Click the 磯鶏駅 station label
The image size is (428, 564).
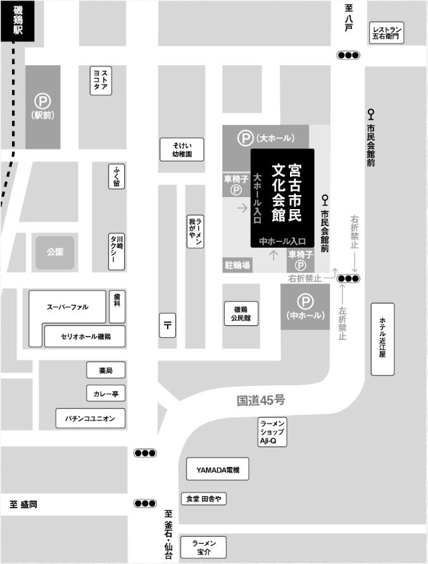tap(17, 20)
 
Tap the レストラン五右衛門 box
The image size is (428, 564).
tap(387, 33)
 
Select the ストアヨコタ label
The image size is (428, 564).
tap(101, 80)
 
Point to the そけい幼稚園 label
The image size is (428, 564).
tap(182, 150)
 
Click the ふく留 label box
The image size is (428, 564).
tap(116, 177)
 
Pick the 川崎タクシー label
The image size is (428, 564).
tap(116, 252)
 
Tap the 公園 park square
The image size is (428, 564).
tap(54, 252)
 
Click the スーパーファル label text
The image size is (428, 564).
tap(68, 307)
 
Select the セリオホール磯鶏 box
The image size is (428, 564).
tap(85, 336)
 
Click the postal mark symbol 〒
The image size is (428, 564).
tap(167, 325)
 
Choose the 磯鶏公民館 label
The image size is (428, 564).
tap(241, 313)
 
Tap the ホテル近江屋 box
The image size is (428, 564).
tap(382, 339)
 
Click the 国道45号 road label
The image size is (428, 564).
tap(261, 401)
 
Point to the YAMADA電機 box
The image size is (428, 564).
tap(217, 469)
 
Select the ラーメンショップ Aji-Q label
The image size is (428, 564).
tap(272, 432)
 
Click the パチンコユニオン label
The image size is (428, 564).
tap(91, 418)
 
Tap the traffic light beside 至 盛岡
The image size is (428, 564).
tap(145, 503)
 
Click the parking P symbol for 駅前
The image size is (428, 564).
tap(42, 101)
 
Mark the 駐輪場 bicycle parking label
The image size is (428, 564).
tap(237, 266)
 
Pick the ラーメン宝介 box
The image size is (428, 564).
tap(203, 547)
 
